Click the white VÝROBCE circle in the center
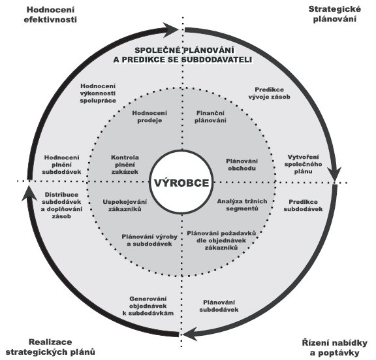pos(181,182)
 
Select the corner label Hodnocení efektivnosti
pos(50,14)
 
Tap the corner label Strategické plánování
pos(334,14)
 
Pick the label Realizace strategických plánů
pos(50,347)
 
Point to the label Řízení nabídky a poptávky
pos(334,348)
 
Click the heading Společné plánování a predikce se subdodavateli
pos(183,55)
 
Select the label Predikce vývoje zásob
pos(270,93)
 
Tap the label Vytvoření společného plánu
pos(303,164)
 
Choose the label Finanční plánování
pos(210,117)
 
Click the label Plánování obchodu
pos(242,165)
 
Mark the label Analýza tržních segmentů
pos(242,205)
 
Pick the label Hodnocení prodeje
pos(149,117)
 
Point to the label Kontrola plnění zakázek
pos(125,165)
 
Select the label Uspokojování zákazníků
pos(125,205)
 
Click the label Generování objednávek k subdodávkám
pos(148,306)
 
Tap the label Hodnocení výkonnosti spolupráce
pos(98,93)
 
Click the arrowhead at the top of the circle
pos(170,30)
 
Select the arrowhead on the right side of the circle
pos(334,173)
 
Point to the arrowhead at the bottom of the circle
pos(192,334)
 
